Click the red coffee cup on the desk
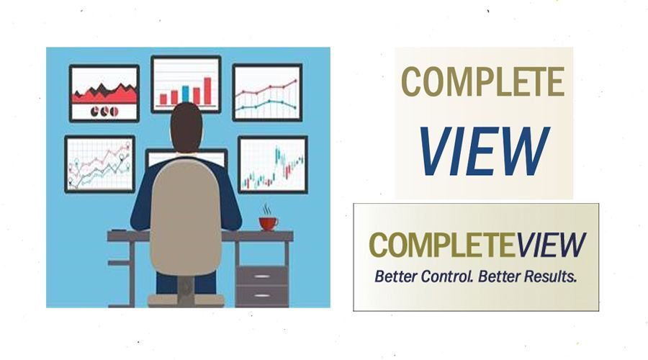(268, 223)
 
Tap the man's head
(186, 125)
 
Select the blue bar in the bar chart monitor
(185, 94)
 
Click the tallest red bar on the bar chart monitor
(207, 90)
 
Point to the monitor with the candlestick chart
(272, 164)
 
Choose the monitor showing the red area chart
(104, 93)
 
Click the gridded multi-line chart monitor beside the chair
(99, 163)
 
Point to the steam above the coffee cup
(267, 209)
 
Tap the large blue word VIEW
(484, 153)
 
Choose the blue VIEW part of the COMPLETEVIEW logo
(550, 245)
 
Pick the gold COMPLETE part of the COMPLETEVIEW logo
(441, 245)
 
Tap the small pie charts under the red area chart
(104, 112)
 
